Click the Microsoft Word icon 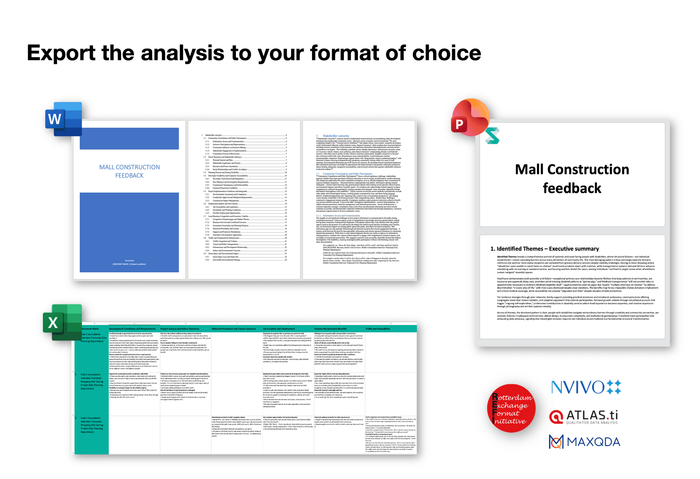(x=64, y=119)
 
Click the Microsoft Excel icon (x=63, y=322)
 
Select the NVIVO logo (x=586, y=387)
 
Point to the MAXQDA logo (x=584, y=442)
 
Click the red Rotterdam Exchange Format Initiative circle (x=511, y=408)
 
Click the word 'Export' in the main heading (x=61, y=53)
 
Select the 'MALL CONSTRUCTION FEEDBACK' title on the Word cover (x=130, y=171)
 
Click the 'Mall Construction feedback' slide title (x=572, y=178)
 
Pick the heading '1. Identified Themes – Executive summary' (x=544, y=249)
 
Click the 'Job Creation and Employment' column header (x=279, y=329)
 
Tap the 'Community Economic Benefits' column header (x=330, y=329)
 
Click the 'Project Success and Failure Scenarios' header (x=180, y=329)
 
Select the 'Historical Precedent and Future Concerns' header (x=233, y=329)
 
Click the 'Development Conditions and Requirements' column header (x=132, y=329)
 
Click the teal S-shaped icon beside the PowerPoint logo (x=493, y=136)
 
